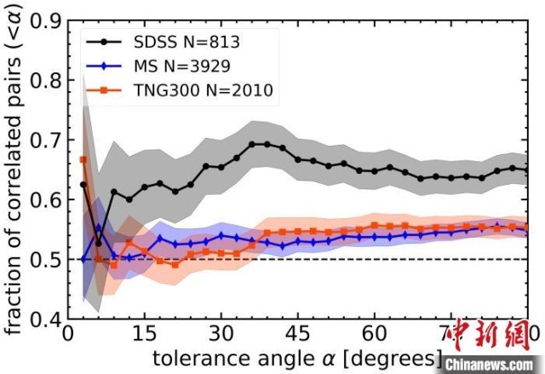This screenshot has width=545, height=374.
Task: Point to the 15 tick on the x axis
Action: click(144, 333)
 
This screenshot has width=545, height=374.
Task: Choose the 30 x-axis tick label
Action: click(221, 333)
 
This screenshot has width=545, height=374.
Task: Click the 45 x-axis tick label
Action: click(297, 333)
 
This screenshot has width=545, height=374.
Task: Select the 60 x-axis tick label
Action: click(375, 333)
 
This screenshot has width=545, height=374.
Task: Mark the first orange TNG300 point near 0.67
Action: click(83, 159)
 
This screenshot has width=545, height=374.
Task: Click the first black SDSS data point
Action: click(83, 185)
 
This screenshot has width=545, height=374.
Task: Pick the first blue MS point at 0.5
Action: click(83, 259)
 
